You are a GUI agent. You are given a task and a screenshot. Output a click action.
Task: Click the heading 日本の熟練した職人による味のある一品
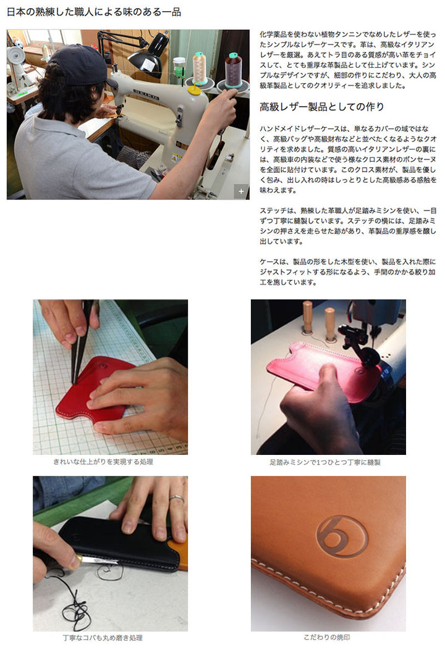coord(94,12)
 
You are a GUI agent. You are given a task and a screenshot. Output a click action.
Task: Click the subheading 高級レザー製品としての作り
coord(321,107)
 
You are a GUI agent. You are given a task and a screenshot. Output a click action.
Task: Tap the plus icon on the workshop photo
coord(241,191)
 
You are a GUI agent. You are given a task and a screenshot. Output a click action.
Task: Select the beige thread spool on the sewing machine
coord(200,68)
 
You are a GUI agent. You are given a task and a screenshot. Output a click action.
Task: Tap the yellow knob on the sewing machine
coord(195,90)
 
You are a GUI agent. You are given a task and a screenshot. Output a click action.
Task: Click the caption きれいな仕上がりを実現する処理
coord(103,462)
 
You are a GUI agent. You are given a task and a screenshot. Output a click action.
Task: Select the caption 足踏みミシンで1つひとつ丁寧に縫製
coord(325,462)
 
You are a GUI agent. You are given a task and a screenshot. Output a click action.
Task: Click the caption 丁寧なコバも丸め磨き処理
coord(103,638)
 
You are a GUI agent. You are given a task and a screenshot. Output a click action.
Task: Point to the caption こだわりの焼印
coord(327,638)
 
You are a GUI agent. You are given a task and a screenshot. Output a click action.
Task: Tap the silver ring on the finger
coord(177,499)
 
